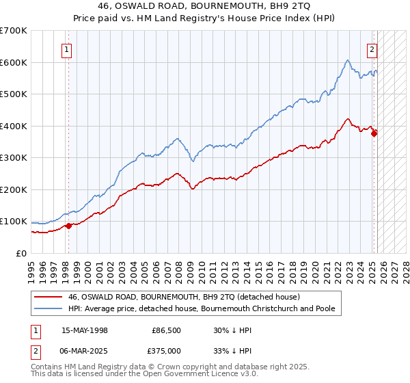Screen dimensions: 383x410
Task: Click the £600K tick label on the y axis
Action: click(x=13, y=62)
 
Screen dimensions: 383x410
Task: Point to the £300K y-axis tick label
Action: click(x=13, y=157)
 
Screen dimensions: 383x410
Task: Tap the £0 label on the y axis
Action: click(x=21, y=253)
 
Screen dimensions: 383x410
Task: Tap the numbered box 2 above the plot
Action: click(x=372, y=49)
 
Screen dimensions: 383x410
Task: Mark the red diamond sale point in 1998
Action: click(x=68, y=226)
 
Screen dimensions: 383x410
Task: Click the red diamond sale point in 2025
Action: click(x=374, y=134)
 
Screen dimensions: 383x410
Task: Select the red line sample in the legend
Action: click(x=49, y=298)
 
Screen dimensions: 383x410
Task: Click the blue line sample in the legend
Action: click(x=49, y=308)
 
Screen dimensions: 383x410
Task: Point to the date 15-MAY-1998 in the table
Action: click(x=85, y=330)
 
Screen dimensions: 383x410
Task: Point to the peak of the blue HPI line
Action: click(x=348, y=60)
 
